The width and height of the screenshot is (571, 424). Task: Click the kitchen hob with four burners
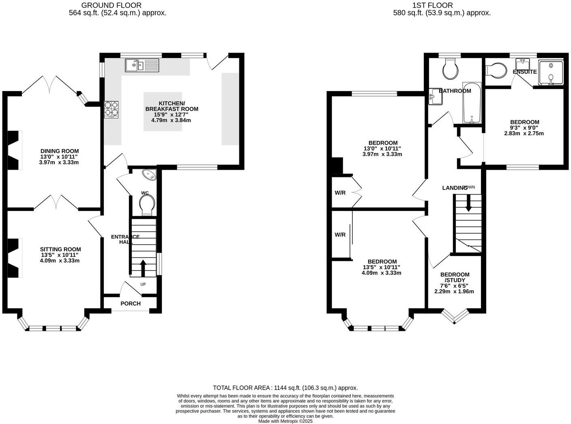(112, 109)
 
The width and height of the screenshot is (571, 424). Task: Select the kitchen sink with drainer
(142, 65)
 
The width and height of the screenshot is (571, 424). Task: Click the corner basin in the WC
(150, 175)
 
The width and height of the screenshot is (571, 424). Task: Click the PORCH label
(131, 304)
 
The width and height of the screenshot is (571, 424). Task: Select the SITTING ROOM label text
(60, 249)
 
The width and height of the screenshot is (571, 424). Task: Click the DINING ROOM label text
(60, 151)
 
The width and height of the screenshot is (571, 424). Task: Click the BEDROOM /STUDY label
(455, 277)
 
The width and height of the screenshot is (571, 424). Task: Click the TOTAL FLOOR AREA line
(285, 388)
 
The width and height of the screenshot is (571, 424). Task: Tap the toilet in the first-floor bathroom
(450, 69)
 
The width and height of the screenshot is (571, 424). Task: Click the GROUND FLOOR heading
(112, 5)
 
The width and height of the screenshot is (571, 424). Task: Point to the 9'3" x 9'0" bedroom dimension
(524, 128)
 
